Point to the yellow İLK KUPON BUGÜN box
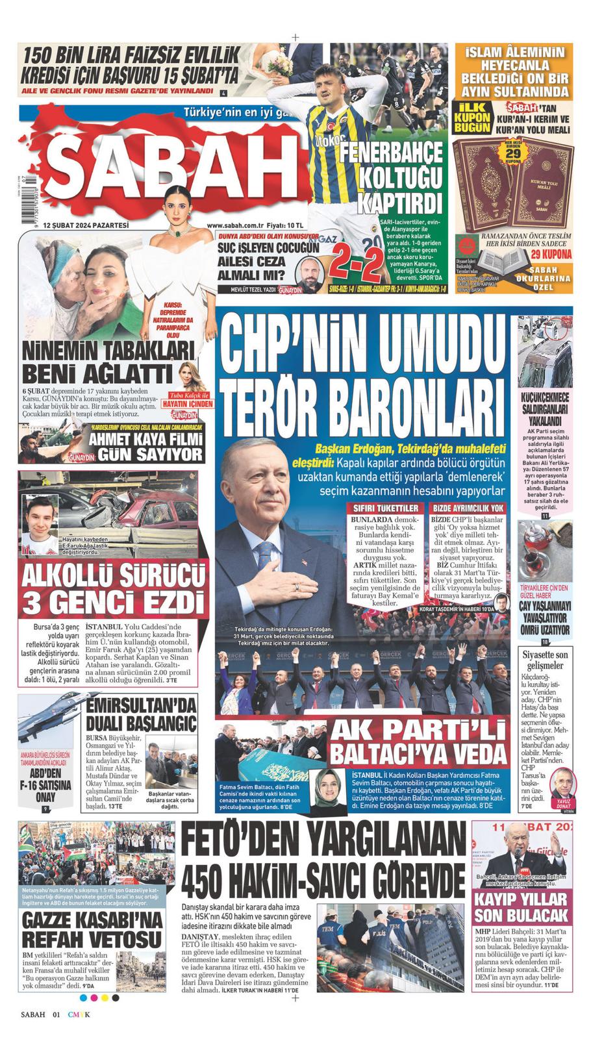pos(472,118)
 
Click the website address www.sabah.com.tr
pos(237,225)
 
